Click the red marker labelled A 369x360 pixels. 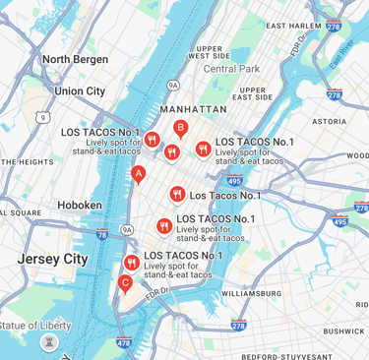tap(138, 175)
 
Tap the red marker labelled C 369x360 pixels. tap(124, 284)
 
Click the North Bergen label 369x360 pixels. tap(76, 59)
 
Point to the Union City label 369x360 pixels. tap(80, 90)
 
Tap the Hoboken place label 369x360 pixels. tap(81, 205)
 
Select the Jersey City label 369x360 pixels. tap(52, 259)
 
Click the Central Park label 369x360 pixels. tap(231, 69)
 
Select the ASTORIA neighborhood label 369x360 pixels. tap(328, 121)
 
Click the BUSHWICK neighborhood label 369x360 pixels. tap(343, 331)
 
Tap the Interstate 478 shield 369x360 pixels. tap(123, 343)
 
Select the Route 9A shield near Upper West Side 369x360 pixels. tap(173, 85)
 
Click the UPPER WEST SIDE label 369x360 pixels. tap(209, 52)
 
